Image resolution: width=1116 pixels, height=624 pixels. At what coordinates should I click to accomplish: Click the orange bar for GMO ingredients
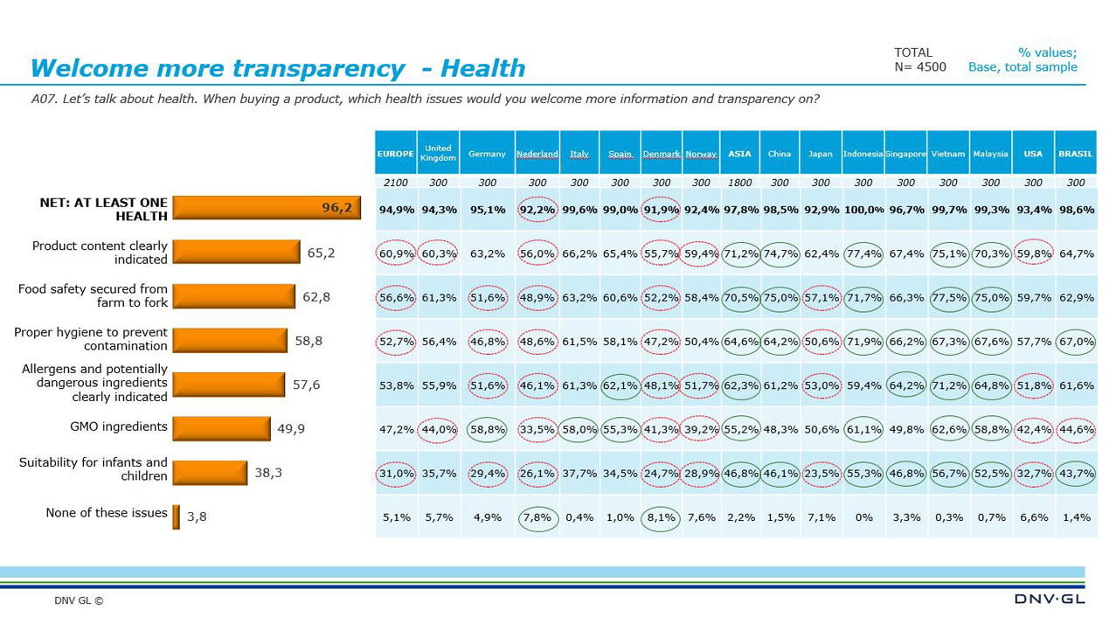click(x=221, y=428)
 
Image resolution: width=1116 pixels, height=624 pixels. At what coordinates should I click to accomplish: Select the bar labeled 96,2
click(x=267, y=207)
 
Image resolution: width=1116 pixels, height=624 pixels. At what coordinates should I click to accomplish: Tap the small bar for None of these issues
click(x=176, y=517)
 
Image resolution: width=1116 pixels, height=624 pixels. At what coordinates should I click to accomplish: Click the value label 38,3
click(x=268, y=473)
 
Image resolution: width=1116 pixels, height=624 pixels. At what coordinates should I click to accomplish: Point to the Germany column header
click(x=487, y=154)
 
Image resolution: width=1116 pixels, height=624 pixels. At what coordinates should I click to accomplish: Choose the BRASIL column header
click(x=1076, y=154)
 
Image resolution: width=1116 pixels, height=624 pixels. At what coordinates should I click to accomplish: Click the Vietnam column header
click(x=948, y=154)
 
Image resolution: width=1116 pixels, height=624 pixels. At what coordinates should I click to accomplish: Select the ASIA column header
click(x=739, y=154)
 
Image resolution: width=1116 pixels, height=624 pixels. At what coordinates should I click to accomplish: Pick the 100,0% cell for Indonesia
click(x=863, y=210)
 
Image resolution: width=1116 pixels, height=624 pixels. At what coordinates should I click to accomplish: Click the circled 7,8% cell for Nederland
click(x=537, y=517)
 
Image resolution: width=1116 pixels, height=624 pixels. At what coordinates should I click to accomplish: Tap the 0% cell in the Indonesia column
click(x=863, y=517)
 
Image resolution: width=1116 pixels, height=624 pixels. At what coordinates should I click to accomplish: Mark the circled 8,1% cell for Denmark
click(x=662, y=517)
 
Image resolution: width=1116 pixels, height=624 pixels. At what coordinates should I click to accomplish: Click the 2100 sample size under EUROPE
click(x=396, y=183)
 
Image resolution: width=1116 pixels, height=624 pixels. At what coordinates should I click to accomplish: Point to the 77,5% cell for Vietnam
click(x=948, y=297)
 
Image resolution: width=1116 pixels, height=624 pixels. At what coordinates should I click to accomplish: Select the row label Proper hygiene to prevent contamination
click(x=91, y=340)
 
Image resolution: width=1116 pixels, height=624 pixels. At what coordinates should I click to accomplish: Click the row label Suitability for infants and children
click(x=94, y=469)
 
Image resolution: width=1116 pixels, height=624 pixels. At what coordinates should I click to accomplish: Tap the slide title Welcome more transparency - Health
click(x=278, y=68)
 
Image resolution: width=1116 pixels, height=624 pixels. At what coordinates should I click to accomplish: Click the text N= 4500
click(x=920, y=67)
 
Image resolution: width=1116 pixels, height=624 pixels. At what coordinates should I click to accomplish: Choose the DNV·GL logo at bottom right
click(x=1049, y=599)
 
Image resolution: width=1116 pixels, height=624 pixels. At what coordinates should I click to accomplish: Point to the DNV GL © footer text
click(x=79, y=601)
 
